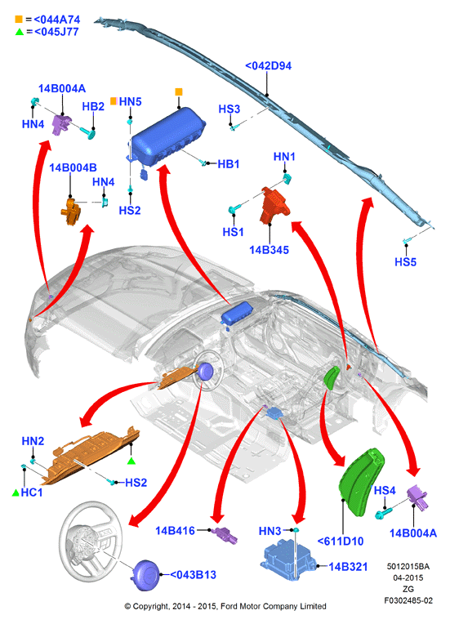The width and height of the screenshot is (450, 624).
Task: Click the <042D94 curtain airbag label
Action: click(x=268, y=65)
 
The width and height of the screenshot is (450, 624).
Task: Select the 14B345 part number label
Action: click(x=269, y=250)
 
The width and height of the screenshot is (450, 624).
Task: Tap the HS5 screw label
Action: click(x=405, y=262)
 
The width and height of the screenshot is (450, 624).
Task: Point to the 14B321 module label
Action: click(x=348, y=567)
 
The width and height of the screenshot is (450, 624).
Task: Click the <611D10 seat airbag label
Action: click(x=341, y=542)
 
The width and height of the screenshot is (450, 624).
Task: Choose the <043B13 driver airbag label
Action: click(x=193, y=575)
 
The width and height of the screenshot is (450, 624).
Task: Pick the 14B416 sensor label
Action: click(x=175, y=530)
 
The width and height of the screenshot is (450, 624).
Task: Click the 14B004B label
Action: click(x=73, y=167)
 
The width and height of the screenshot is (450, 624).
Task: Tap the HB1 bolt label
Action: click(x=229, y=164)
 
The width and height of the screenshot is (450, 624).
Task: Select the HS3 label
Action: click(x=229, y=109)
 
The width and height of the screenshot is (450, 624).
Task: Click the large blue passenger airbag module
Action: click(x=167, y=137)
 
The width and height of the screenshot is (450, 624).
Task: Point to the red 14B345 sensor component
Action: click(x=274, y=204)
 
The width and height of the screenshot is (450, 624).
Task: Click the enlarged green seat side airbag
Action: click(x=361, y=481)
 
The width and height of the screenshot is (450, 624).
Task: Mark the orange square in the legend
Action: click(x=19, y=19)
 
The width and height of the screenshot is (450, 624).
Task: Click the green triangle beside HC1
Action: click(x=16, y=493)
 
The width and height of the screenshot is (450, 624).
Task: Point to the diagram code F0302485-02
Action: click(x=408, y=600)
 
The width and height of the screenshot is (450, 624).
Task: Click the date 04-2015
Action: click(x=408, y=577)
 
